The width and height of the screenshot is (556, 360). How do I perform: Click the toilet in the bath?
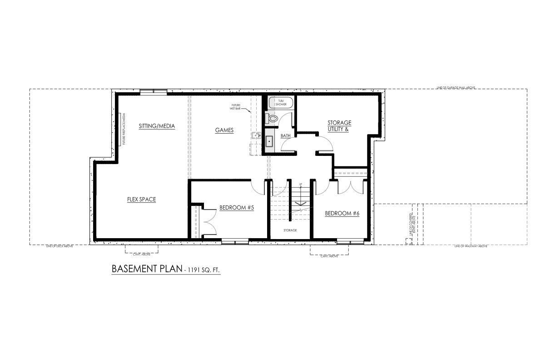tap(272, 118)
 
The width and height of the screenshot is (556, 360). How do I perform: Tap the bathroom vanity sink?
tap(269, 141)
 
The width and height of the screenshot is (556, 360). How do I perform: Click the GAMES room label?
tap(224, 130)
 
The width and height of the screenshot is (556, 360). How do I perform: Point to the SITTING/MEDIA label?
tap(157, 126)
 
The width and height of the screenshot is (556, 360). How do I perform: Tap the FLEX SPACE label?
tap(141, 200)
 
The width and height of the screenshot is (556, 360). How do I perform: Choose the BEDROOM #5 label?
tap(236, 208)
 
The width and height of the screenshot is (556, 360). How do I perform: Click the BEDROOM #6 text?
tap(342, 213)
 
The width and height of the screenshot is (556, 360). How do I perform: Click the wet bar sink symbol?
tap(256, 135)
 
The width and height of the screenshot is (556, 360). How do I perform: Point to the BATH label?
tap(285, 136)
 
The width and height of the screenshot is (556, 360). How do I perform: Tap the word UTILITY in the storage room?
tap(337, 130)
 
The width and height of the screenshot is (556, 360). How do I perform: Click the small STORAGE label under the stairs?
tap(290, 230)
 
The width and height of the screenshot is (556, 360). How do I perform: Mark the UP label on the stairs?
tap(300, 184)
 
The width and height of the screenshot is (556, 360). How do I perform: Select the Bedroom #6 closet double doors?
tap(351, 187)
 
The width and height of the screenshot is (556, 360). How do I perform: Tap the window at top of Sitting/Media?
tap(154, 92)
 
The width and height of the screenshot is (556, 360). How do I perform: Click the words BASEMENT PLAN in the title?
tap(146, 269)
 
